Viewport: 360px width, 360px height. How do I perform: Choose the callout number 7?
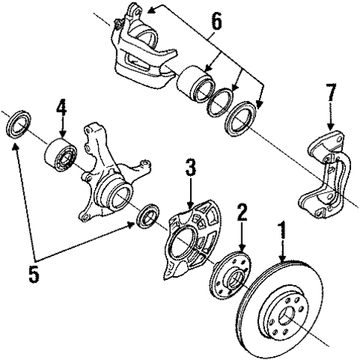(332, 94)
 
